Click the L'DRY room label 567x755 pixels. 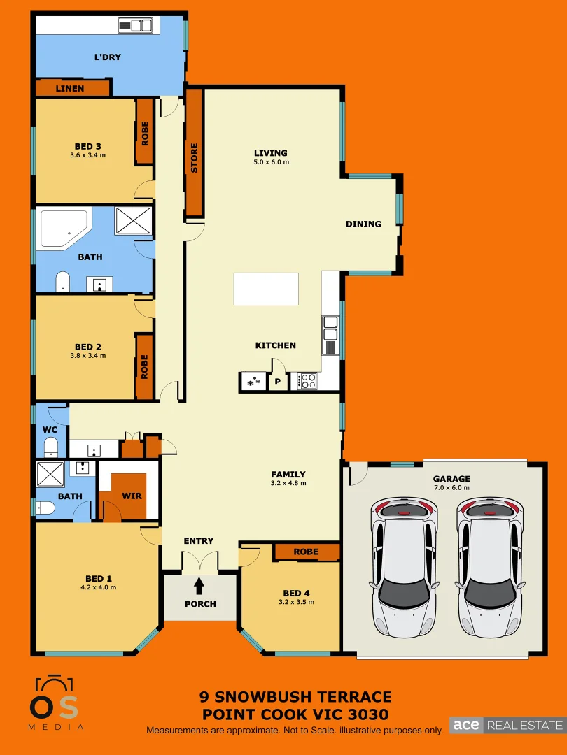(x=108, y=57)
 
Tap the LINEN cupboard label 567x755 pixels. (x=70, y=88)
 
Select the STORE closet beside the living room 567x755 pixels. (x=194, y=158)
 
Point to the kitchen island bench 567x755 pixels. (x=266, y=289)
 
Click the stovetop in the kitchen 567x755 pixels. (x=308, y=381)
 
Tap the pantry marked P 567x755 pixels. (x=277, y=382)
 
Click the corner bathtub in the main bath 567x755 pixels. (x=62, y=228)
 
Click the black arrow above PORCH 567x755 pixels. (x=199, y=584)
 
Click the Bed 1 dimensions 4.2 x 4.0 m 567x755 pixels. (x=99, y=587)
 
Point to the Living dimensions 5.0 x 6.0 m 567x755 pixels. (x=271, y=162)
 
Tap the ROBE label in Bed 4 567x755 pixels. (x=306, y=552)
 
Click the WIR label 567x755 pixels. (x=132, y=496)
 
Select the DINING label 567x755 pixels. (x=363, y=224)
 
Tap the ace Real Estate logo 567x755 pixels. (x=506, y=725)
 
